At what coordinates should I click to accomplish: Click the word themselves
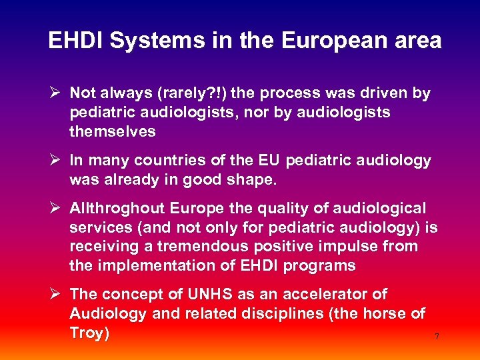pyautogui.click(x=112, y=132)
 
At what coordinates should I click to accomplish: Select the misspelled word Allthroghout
pyautogui.click(x=118, y=209)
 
